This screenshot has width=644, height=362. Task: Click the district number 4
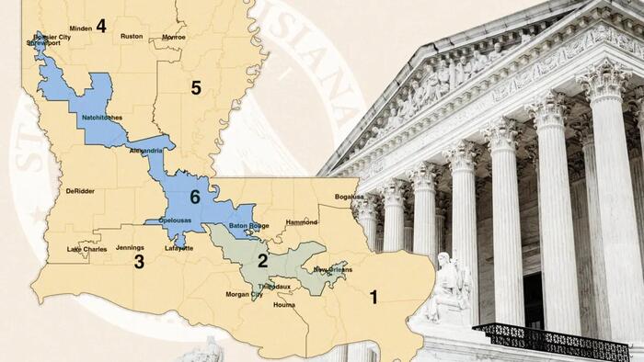101,26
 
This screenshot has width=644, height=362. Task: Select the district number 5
195,88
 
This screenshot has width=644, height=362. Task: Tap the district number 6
195,197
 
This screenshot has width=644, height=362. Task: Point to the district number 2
263,261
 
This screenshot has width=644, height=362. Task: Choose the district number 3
139,262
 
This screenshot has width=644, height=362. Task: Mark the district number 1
374,297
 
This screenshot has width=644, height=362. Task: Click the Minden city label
81,28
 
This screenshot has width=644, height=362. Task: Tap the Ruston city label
132,37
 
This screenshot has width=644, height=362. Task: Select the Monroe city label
173,37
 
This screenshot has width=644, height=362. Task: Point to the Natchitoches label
100,118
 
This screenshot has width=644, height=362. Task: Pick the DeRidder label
81,191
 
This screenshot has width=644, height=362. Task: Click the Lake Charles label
87,249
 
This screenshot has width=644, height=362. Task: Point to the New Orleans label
332,269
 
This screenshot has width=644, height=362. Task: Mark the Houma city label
285,304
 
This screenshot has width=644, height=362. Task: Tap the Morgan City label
244,295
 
